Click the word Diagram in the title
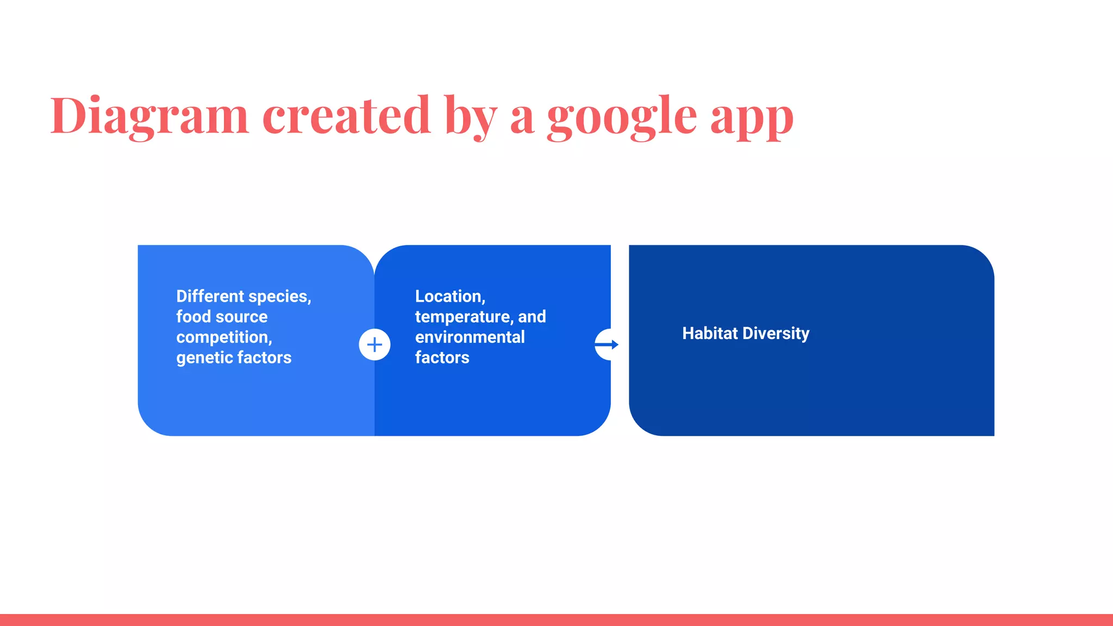click(x=149, y=115)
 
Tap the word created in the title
click(x=346, y=115)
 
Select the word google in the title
click(x=622, y=115)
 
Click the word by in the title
click(x=471, y=115)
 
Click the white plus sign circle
click(x=374, y=345)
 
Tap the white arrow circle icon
click(x=605, y=345)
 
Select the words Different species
click(x=243, y=296)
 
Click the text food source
click(x=222, y=317)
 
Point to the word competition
click(x=224, y=337)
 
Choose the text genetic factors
click(x=234, y=358)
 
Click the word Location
click(x=450, y=296)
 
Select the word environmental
click(x=470, y=337)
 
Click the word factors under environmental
click(x=442, y=358)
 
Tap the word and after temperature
click(x=532, y=317)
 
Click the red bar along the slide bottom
click(x=556, y=619)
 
